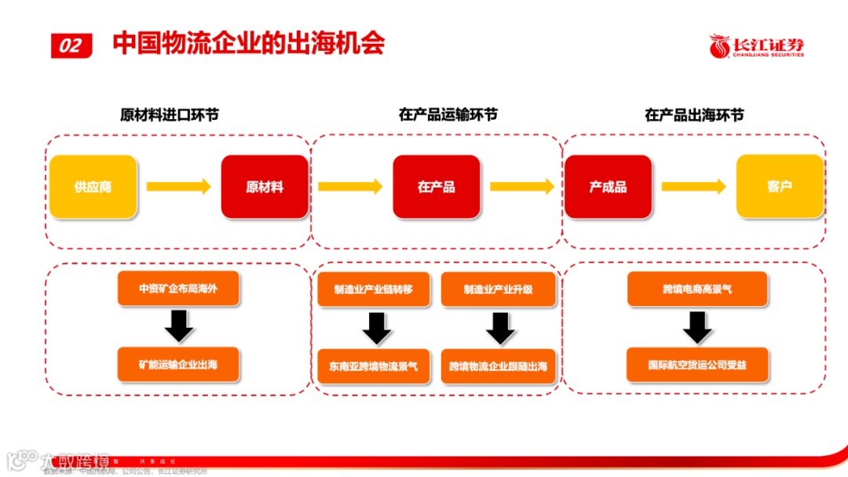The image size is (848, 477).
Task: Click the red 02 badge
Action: tap(71, 46)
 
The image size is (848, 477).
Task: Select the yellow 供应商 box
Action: tap(93, 187)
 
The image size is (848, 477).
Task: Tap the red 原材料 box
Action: tap(264, 187)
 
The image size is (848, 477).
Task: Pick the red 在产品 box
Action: tap(436, 187)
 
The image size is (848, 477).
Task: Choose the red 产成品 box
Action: tap(608, 187)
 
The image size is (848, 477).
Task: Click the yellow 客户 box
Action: tap(779, 187)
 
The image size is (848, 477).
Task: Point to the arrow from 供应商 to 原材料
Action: tap(179, 187)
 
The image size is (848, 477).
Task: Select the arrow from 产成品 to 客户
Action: tap(693, 187)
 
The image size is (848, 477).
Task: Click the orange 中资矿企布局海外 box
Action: tap(178, 289)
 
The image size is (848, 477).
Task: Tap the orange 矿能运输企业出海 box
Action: tap(178, 365)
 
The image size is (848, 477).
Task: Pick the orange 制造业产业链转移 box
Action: tap(374, 289)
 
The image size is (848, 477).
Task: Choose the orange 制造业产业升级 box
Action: tap(498, 289)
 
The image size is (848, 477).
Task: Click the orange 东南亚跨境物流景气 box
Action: tap(374, 366)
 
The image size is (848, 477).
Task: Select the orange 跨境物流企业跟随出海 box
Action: tap(498, 366)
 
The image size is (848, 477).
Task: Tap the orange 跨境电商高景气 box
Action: tap(697, 289)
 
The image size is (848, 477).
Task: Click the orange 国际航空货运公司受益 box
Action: tap(697, 365)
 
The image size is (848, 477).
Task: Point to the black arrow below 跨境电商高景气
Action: tap(697, 327)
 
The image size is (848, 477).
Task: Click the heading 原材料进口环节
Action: tap(169, 115)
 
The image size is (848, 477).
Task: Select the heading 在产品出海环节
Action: tap(694, 115)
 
